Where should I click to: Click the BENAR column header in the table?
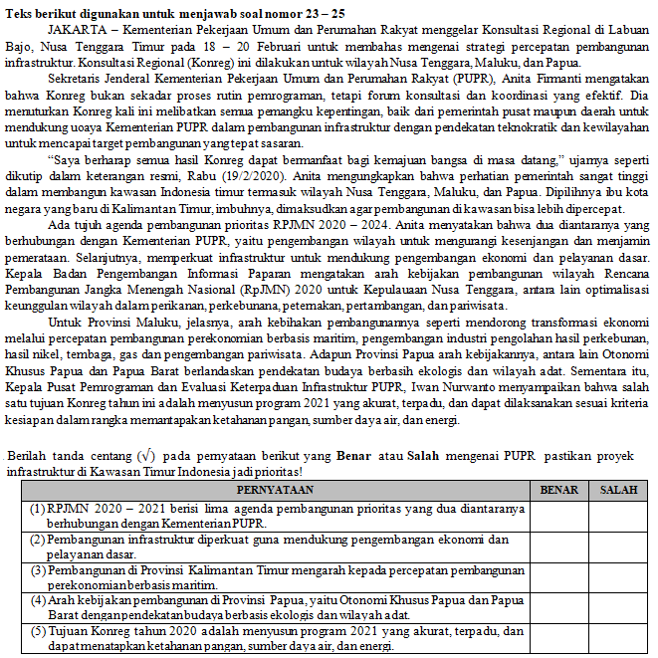coord(558,491)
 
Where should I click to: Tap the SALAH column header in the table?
coord(617,491)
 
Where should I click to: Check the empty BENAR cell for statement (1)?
coord(558,516)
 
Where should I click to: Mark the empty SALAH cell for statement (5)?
coord(617,638)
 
